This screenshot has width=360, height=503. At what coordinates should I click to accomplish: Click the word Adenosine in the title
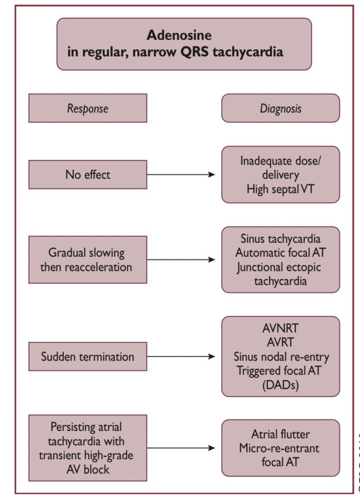tap(179, 35)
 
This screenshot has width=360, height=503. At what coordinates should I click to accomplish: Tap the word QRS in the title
tap(194, 52)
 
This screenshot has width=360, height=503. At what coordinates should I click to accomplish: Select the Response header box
tap(88, 108)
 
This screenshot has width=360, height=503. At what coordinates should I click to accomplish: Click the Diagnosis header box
tap(280, 108)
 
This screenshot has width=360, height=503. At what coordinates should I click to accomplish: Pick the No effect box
tap(88, 175)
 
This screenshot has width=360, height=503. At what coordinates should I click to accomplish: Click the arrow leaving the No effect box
tap(181, 175)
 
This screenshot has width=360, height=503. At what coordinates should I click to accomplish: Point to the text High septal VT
tap(280, 189)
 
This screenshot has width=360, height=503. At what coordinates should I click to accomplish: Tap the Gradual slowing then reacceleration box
tap(88, 260)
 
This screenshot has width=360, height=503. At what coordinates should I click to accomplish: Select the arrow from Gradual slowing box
tap(181, 260)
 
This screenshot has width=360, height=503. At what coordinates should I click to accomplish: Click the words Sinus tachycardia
tap(280, 239)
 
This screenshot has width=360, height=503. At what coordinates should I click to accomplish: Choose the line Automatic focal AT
tap(280, 253)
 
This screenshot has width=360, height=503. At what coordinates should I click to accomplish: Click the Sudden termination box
tap(88, 356)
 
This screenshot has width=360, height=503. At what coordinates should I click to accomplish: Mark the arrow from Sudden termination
tap(181, 356)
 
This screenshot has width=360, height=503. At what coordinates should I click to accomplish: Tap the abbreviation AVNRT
tap(280, 328)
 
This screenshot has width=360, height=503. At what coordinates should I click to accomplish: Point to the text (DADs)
tap(280, 385)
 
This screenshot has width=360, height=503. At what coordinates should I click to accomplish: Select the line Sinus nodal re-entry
tap(281, 357)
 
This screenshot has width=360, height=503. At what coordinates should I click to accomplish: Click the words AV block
tap(88, 469)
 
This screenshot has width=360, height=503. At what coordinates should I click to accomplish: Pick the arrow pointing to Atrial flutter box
tap(181, 448)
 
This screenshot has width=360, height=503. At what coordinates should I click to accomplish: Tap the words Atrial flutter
tap(280, 434)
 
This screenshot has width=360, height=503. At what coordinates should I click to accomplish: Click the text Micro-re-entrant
tap(279, 448)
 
